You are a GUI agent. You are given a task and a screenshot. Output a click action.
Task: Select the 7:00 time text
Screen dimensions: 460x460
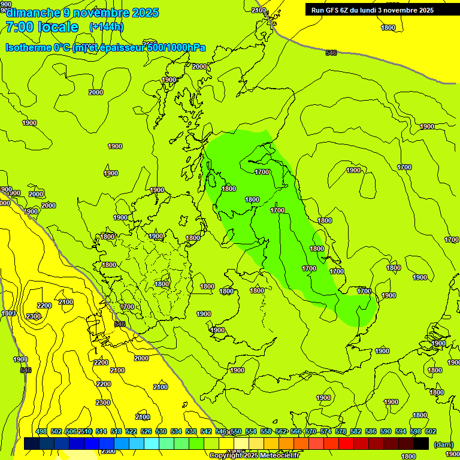click(x=19, y=27)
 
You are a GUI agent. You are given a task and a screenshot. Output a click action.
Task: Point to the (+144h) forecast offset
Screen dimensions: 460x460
click(x=106, y=27)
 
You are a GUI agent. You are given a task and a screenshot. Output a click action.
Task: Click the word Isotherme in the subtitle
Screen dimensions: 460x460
click(x=29, y=47)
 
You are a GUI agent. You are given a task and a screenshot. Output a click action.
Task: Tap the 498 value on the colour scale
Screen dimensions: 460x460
click(x=41, y=431)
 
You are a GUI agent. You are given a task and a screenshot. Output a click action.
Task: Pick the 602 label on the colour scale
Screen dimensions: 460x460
click(x=431, y=431)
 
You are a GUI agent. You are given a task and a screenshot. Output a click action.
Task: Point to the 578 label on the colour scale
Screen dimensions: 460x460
click(x=341, y=431)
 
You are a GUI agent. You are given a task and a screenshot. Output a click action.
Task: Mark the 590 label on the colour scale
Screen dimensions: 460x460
click(x=386, y=431)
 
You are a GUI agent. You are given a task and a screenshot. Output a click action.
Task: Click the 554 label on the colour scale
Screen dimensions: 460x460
click(x=251, y=431)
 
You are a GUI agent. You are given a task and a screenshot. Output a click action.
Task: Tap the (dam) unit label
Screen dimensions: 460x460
click(x=443, y=444)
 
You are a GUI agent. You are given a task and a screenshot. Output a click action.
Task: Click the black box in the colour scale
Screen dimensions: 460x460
click(x=421, y=443)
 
